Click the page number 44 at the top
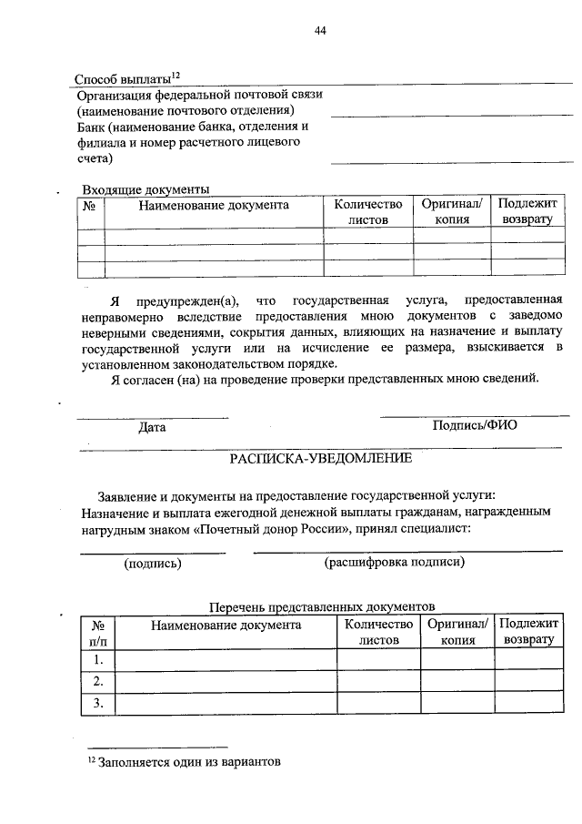pos(320,30)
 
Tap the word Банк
pos(91,127)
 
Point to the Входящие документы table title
pos(145,189)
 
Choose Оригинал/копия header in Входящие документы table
pos(452,213)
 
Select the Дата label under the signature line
pos(152,426)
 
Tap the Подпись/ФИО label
pos(474,425)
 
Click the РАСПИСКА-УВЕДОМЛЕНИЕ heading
pos(320,458)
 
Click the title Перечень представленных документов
pos(322,606)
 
